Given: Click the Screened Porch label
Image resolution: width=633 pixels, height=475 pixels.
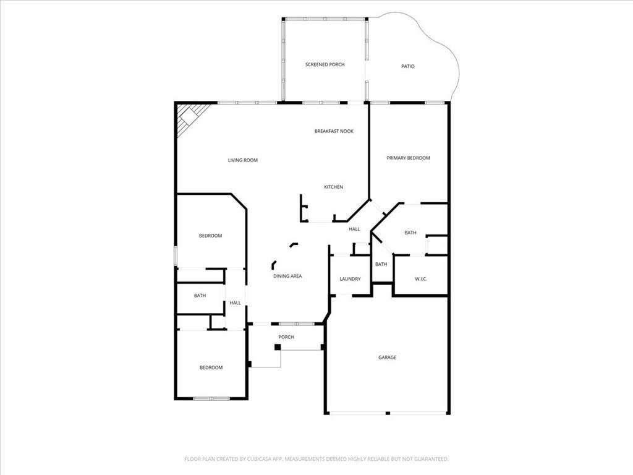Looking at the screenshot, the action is tap(325, 64).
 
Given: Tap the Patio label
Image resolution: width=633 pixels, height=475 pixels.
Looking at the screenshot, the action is tap(408, 66).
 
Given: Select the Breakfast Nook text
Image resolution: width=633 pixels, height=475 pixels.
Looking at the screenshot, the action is tap(334, 131).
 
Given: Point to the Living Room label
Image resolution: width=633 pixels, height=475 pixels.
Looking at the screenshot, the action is tap(242, 160).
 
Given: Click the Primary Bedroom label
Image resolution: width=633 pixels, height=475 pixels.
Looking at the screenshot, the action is tap(408, 158).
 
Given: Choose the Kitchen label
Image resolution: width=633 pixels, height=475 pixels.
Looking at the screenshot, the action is tap(333, 187).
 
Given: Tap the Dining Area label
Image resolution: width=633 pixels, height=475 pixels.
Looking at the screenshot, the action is tap(287, 276).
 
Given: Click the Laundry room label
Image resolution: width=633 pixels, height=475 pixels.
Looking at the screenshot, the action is tap(350, 279).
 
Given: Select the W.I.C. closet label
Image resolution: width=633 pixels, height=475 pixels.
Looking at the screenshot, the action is tap(420, 279).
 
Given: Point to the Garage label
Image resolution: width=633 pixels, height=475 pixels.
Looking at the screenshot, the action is tap(387, 357).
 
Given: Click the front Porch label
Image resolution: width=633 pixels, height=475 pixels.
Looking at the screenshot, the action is tap(286, 337).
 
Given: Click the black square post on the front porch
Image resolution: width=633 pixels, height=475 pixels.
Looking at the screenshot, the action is tap(278, 347).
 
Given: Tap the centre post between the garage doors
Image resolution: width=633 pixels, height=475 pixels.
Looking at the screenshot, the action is tap(388, 413).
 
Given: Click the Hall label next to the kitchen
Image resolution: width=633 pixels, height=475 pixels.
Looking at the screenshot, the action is tap(354, 229).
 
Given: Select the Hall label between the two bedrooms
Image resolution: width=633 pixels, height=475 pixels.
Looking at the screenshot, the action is tap(235, 303).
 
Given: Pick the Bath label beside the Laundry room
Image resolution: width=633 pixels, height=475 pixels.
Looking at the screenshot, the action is tap(381, 265).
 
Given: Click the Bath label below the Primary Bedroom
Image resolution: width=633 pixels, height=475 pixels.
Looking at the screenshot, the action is tap(410, 233).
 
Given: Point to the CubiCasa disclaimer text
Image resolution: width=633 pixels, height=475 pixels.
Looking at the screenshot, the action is tap(316, 460).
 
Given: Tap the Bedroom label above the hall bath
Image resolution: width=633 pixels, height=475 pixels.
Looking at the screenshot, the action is tap(210, 236).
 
